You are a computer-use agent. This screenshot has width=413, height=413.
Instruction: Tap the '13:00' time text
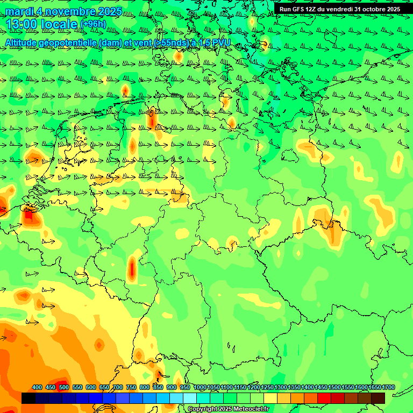(x=22, y=24)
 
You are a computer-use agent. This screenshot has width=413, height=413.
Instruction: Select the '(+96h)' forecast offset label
(x=93, y=24)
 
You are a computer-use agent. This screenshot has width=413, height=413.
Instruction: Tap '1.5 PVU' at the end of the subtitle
(x=215, y=42)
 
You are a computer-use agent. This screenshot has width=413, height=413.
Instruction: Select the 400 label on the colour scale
(x=37, y=387)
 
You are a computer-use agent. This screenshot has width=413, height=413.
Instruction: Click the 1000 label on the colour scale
(x=200, y=387)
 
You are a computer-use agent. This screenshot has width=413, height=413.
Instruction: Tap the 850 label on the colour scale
(x=158, y=387)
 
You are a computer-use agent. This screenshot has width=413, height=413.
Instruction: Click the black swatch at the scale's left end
(x=29, y=398)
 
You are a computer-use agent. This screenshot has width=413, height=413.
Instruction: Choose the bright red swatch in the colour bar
(x=324, y=398)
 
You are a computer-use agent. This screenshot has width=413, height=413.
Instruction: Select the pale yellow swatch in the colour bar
(x=270, y=398)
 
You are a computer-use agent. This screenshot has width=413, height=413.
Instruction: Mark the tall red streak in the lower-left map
(x=132, y=268)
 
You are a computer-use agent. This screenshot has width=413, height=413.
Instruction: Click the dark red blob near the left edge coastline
(x=30, y=217)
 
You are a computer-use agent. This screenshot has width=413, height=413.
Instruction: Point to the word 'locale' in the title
(x=59, y=24)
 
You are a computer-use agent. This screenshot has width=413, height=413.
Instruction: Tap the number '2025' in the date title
(x=110, y=11)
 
